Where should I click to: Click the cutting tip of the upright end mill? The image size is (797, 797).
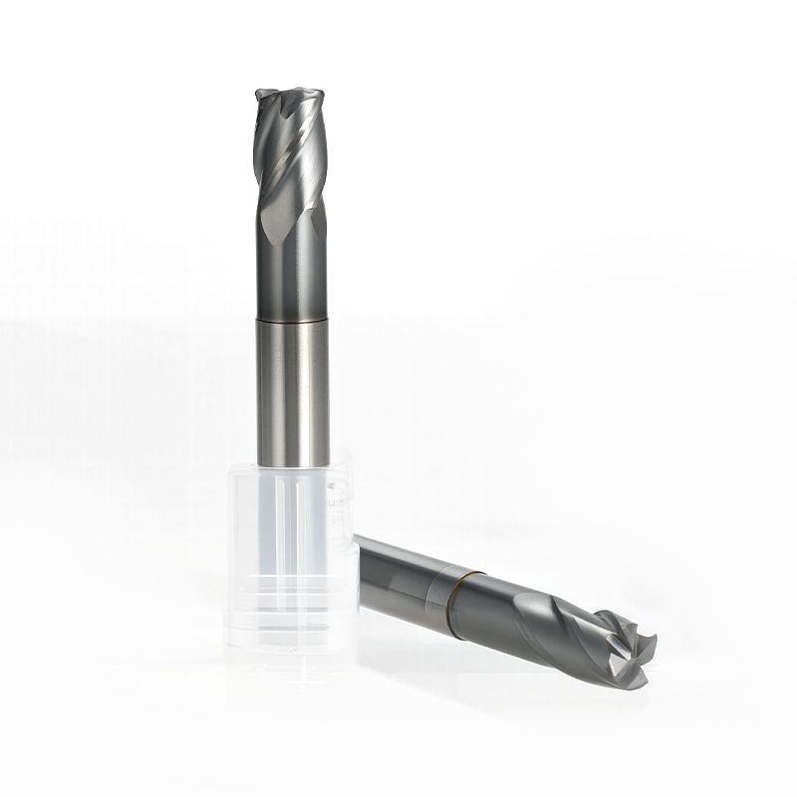click(291, 93)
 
